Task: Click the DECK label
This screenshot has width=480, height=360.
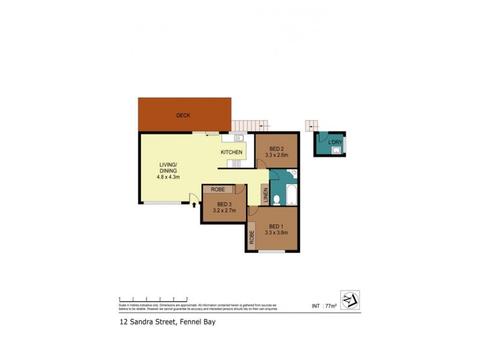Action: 183,115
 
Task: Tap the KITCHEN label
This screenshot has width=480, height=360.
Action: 232,152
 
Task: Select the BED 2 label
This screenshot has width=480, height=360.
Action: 277,149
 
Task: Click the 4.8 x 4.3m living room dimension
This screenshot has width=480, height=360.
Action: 169,177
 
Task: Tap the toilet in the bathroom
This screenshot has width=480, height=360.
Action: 277,199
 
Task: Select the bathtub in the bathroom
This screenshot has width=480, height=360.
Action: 291,194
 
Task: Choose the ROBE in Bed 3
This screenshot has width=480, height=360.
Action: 218,189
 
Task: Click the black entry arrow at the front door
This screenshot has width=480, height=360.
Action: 194,205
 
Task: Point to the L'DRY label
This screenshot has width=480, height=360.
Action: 335,142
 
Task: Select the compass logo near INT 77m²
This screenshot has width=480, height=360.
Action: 349,299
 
